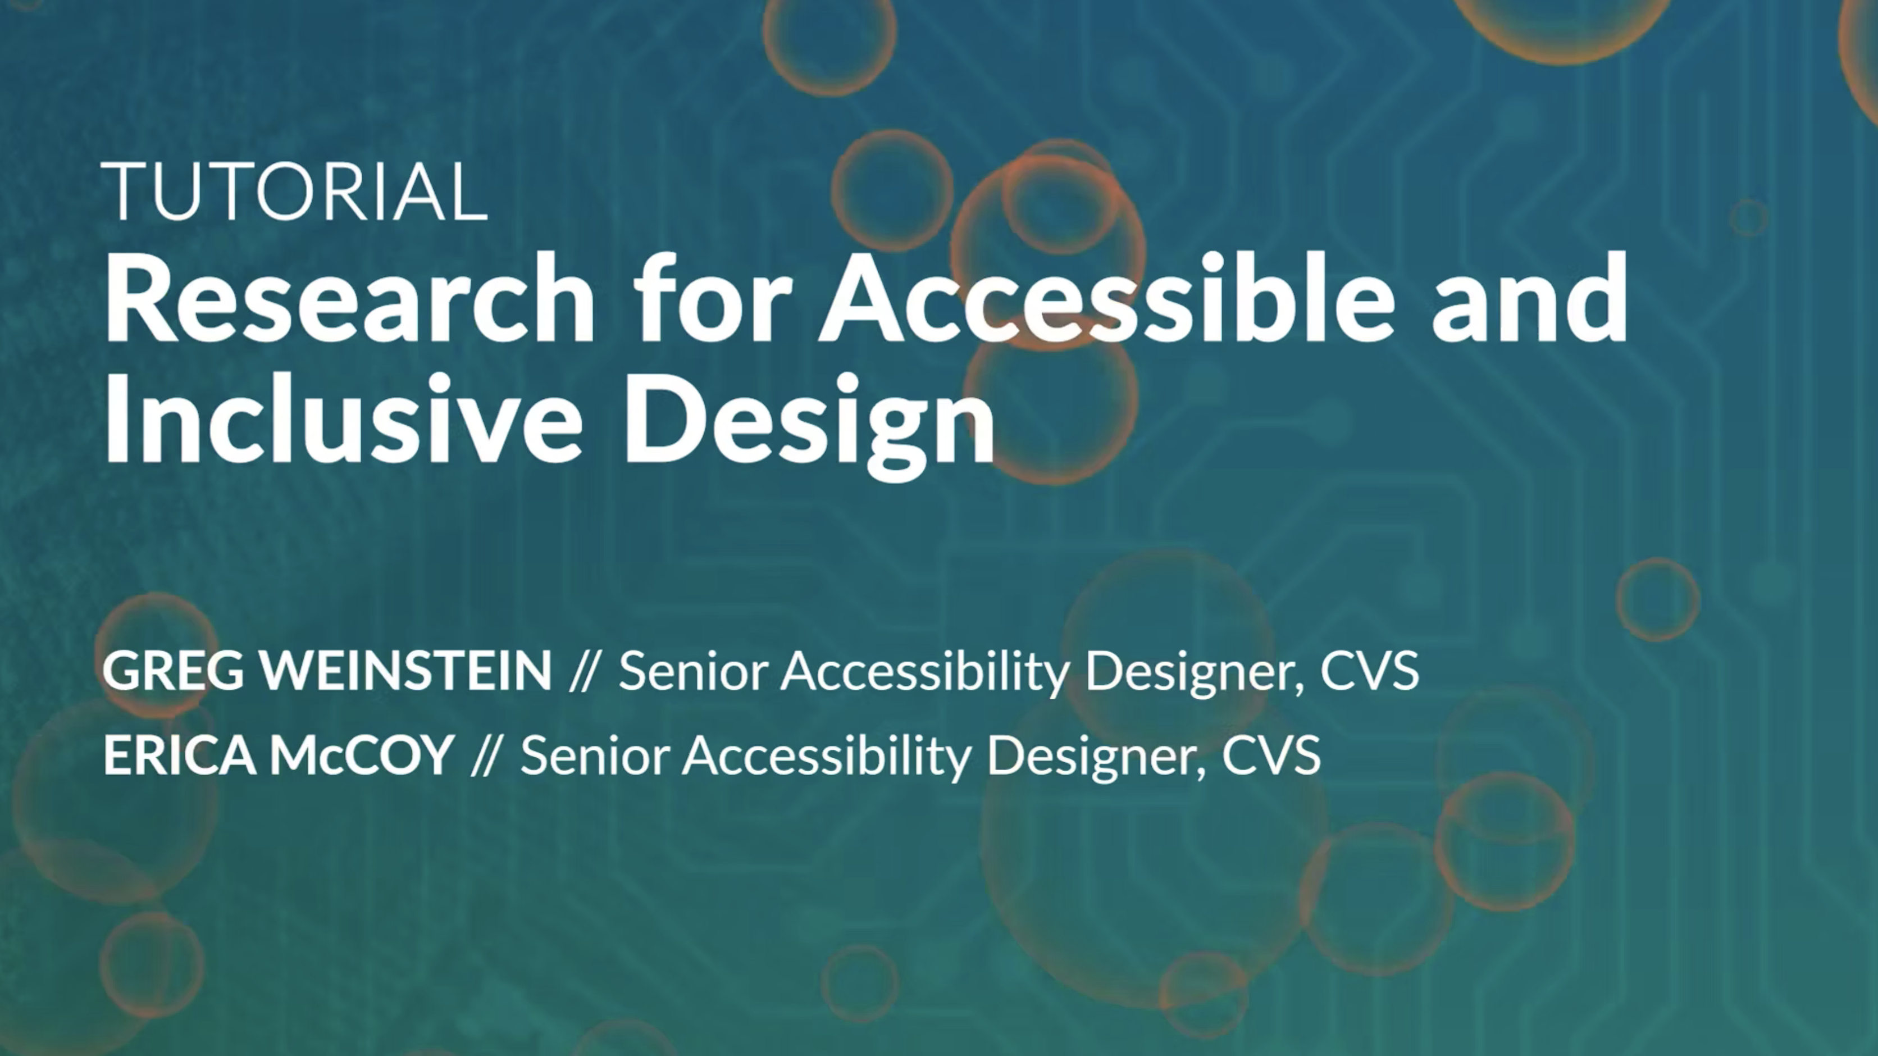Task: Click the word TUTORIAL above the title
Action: point(294,191)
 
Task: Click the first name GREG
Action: point(174,670)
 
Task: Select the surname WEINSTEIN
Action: point(407,670)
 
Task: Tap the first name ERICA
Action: point(179,755)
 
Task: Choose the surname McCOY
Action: point(362,755)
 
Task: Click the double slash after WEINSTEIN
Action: point(585,670)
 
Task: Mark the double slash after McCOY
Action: point(486,755)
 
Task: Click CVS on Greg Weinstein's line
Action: point(1370,670)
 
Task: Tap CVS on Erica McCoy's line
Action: point(1271,755)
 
